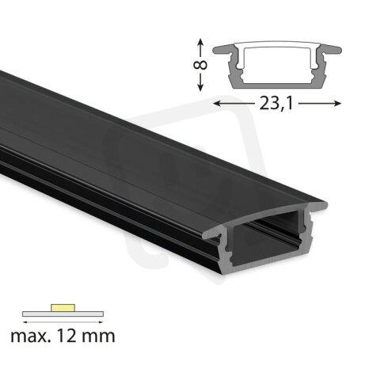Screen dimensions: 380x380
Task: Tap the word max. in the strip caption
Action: coord(32,336)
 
